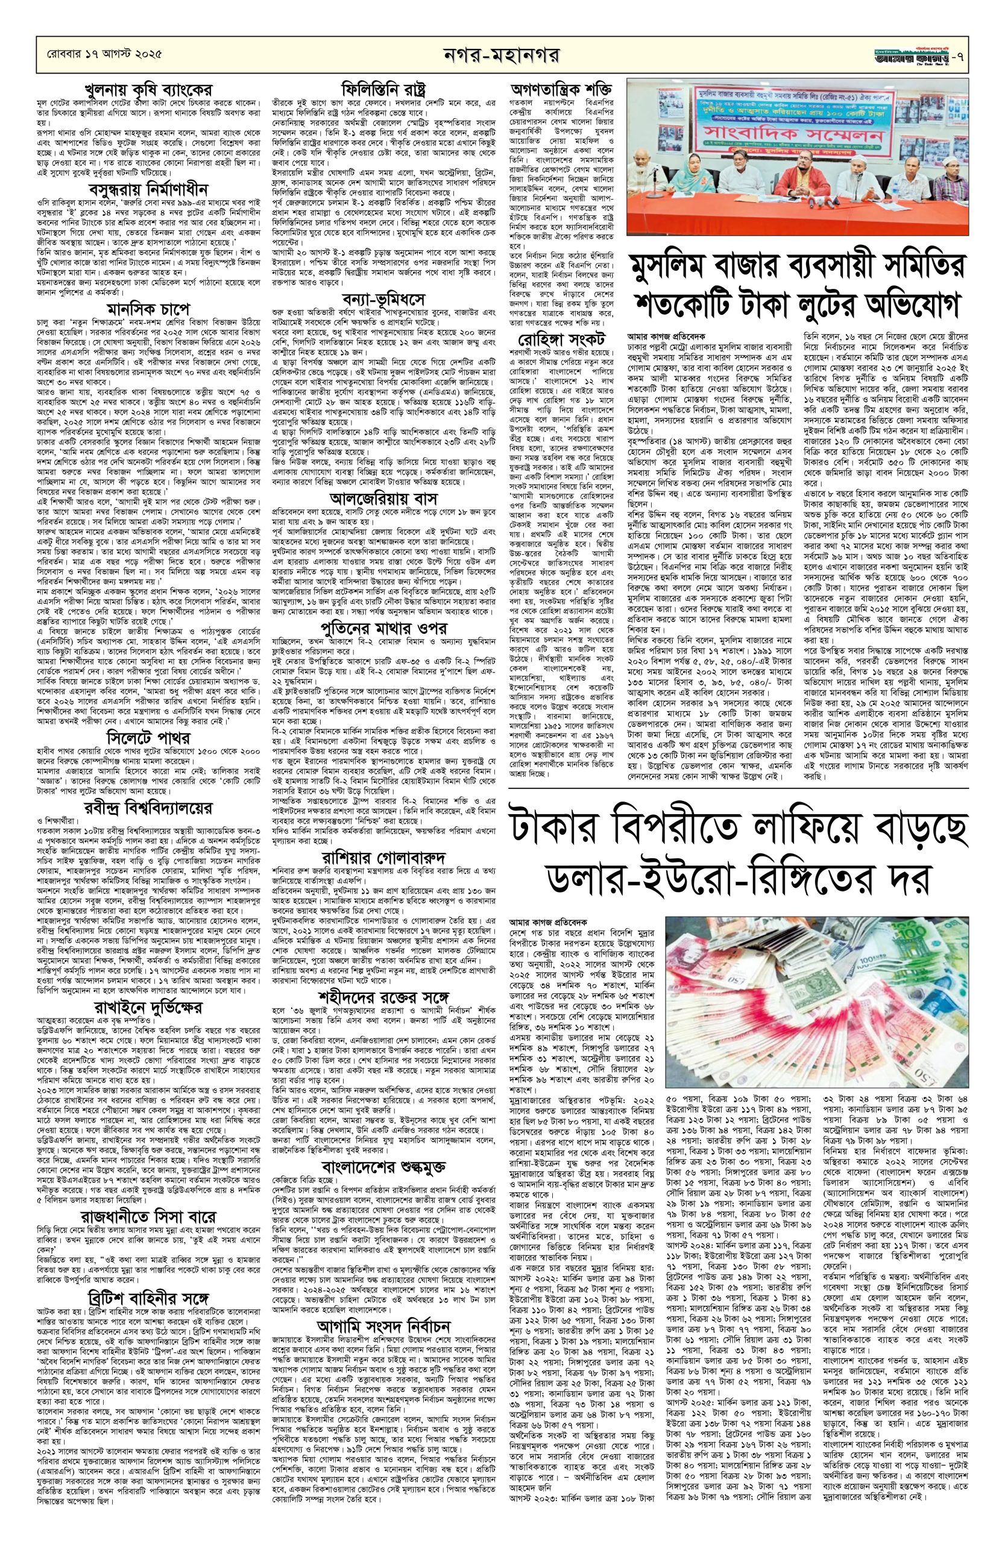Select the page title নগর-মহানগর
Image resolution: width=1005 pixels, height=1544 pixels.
[x=503, y=51]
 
